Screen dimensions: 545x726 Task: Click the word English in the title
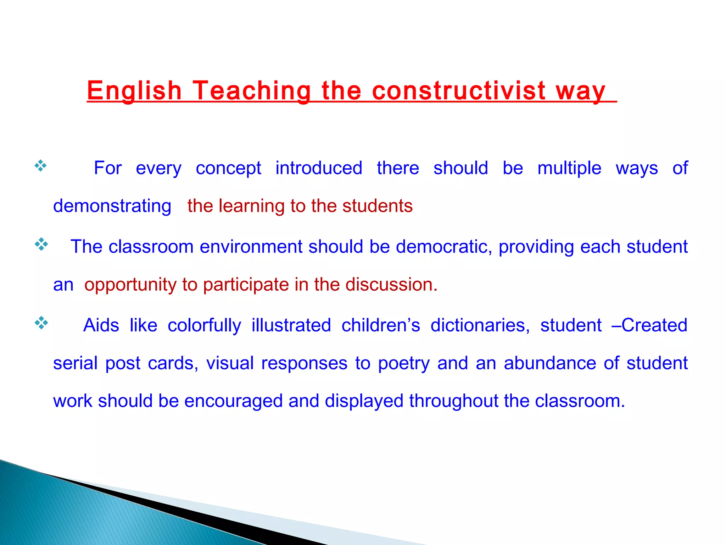(134, 90)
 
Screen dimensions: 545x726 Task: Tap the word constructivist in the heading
(459, 90)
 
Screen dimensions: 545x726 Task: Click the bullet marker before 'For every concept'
(40, 166)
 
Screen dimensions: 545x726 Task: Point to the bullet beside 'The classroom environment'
(41, 244)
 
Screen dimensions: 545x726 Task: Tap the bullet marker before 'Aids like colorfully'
(41, 323)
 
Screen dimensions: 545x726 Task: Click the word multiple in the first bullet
(569, 168)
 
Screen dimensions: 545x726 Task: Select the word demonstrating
(112, 206)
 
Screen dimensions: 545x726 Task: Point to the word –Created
(649, 325)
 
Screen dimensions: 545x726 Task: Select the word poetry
(403, 364)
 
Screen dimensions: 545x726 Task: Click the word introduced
(319, 168)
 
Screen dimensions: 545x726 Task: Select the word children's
(381, 325)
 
